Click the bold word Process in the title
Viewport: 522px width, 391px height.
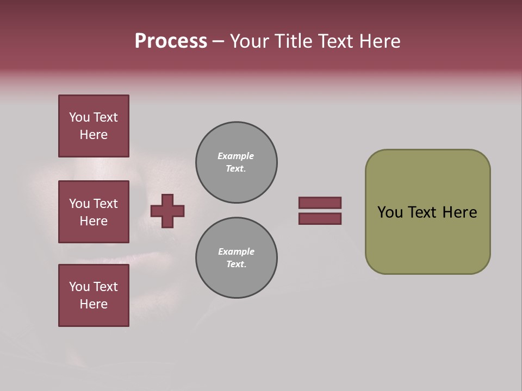coord(171,41)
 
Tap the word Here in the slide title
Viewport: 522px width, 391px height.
coord(378,41)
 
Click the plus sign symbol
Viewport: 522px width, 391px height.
coord(167,211)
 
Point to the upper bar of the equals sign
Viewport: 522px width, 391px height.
coord(320,203)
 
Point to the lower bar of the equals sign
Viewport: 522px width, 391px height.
coord(320,219)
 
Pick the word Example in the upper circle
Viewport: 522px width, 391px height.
coord(236,156)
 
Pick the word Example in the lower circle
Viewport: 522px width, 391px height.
coord(236,251)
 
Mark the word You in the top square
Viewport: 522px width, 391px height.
coord(79,117)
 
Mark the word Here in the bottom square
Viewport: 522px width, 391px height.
coord(94,304)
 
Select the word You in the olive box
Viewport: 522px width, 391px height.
coord(390,212)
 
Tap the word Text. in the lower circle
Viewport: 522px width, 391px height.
coord(236,264)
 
